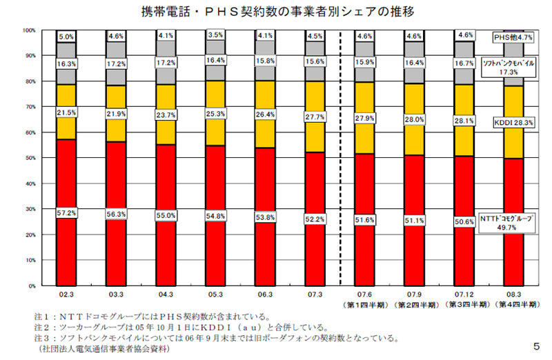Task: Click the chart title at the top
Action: (274, 12)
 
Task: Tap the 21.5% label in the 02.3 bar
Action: (67, 112)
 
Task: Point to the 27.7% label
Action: (314, 117)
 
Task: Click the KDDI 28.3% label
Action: (513, 121)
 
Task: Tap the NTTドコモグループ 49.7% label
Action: (513, 222)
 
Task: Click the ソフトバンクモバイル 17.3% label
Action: (513, 67)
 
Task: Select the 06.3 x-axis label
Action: (265, 293)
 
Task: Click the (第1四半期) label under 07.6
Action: (364, 303)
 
